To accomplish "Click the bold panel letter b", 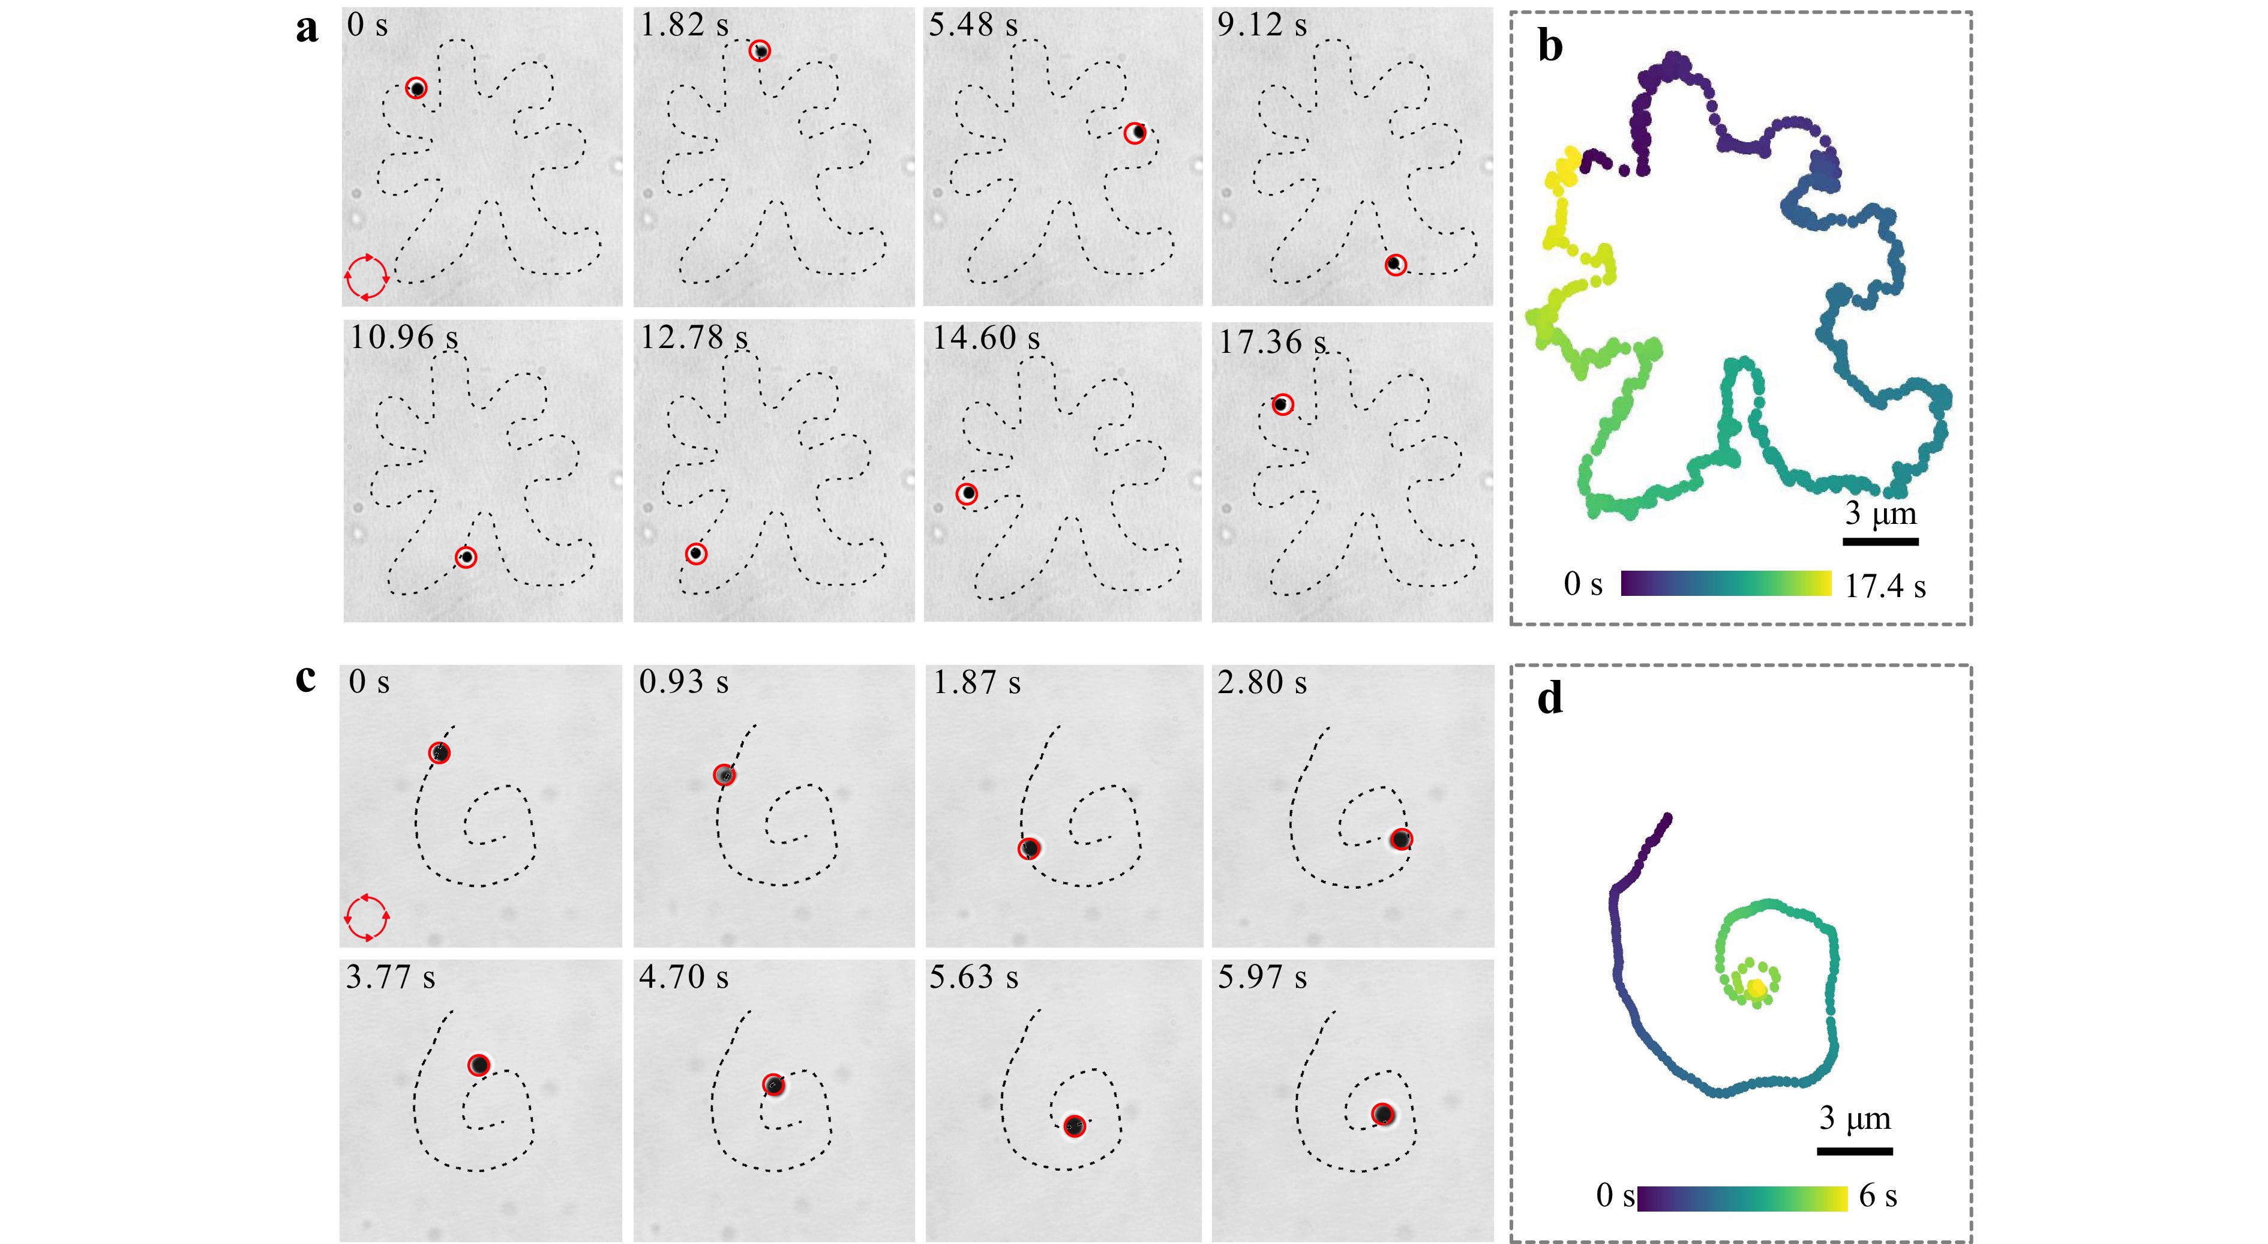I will (1550, 46).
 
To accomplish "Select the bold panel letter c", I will (305, 678).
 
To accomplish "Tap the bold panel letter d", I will (1550, 699).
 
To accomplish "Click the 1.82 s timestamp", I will (684, 26).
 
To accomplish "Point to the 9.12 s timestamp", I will (1262, 26).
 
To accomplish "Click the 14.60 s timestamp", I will (986, 338).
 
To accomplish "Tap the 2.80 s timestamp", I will (1262, 682).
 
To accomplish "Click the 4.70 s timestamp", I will (684, 977).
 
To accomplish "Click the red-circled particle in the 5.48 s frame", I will (1136, 133).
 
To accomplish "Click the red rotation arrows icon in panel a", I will (366, 277).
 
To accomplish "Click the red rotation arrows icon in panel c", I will (366, 918).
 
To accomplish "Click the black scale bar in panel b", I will (1880, 541).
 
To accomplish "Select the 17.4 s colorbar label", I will (1885, 586).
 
